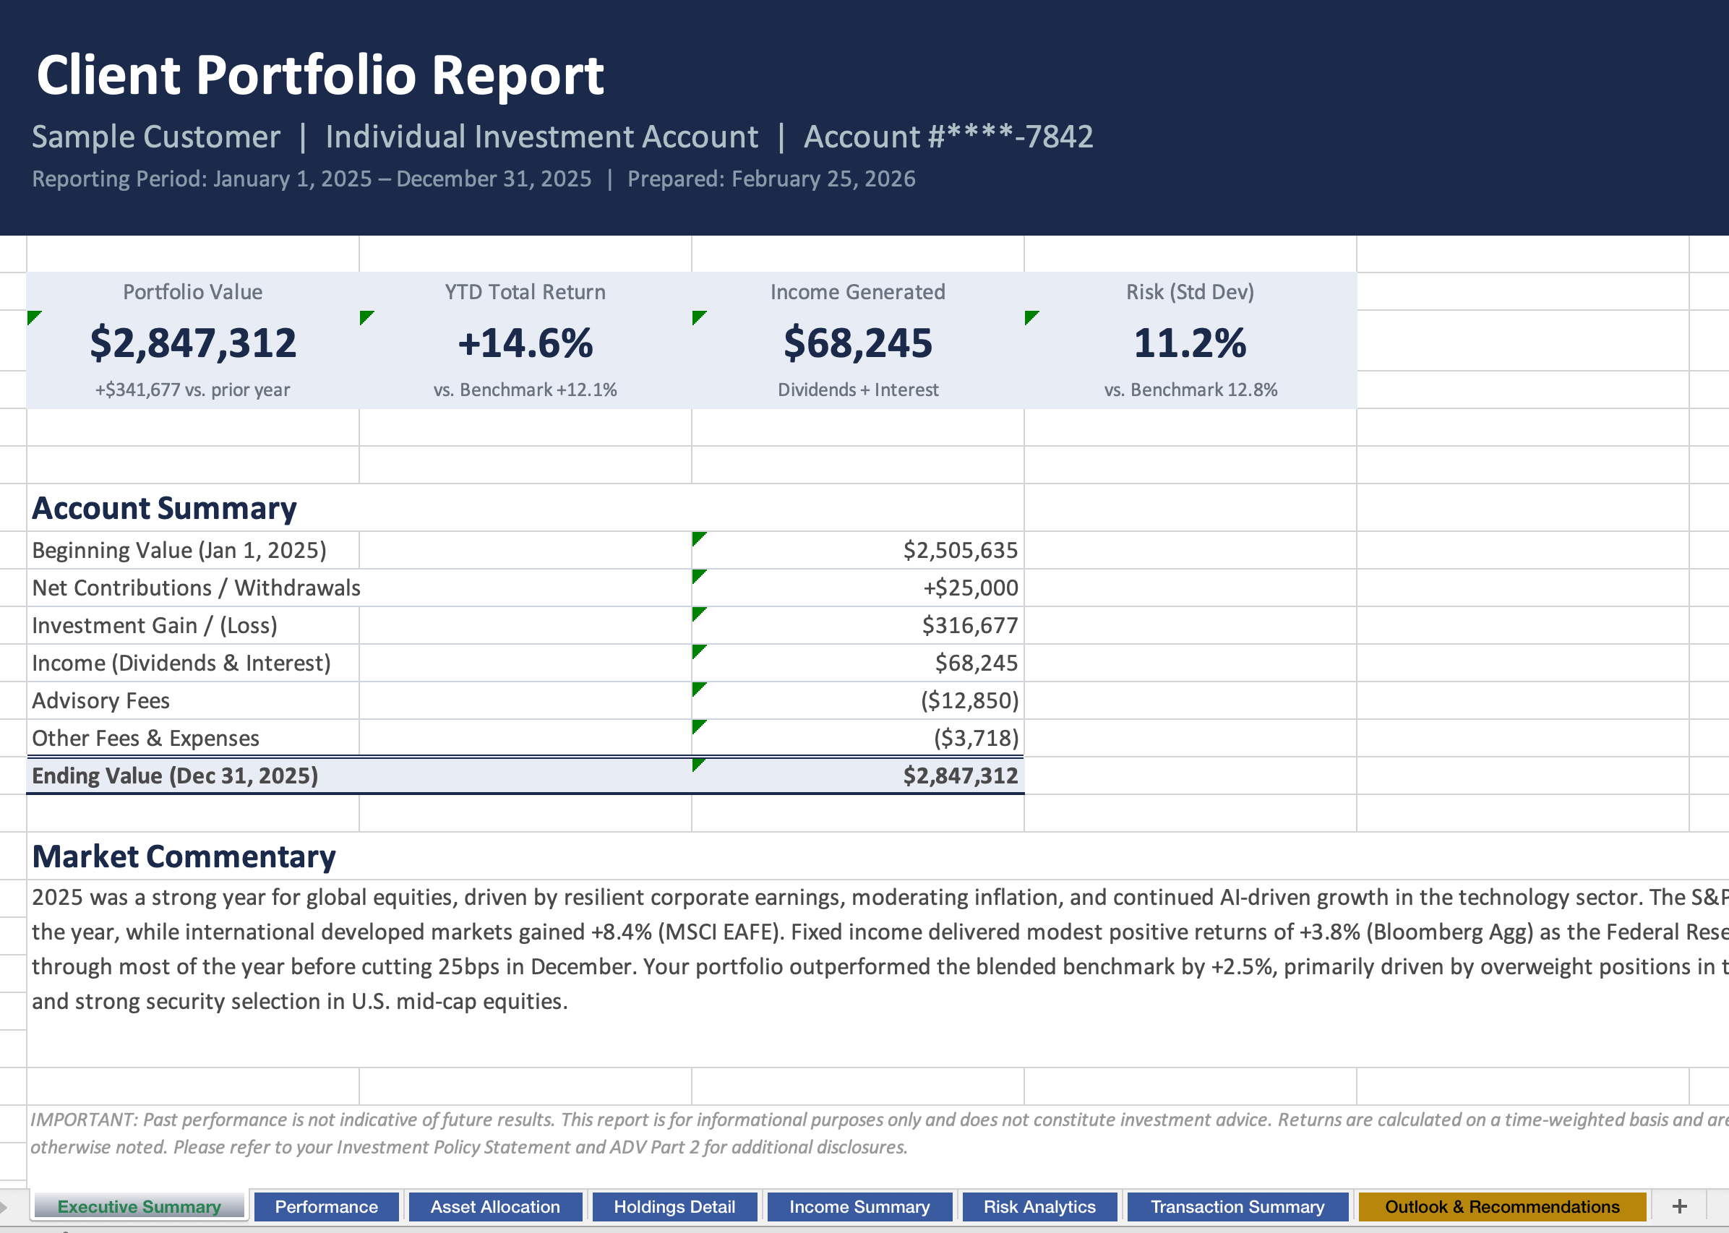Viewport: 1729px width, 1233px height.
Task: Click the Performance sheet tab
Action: point(326,1206)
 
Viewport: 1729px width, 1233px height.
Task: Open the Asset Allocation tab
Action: point(494,1206)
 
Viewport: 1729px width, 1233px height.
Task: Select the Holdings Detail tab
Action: point(674,1206)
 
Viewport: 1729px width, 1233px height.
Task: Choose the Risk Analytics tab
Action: point(1039,1206)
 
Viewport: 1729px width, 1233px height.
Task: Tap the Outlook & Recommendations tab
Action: point(1501,1206)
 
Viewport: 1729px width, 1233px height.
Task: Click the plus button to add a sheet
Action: point(1679,1206)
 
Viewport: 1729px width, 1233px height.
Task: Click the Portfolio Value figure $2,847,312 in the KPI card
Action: point(193,343)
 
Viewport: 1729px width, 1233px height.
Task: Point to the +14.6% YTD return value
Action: point(525,343)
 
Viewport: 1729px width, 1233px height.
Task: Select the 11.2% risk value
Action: point(1189,343)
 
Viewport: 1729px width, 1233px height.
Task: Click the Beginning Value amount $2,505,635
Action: point(960,551)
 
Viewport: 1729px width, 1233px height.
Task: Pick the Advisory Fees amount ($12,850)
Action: point(969,701)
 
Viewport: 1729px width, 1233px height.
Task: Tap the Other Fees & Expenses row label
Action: point(146,738)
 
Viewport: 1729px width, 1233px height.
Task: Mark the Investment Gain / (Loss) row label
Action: point(155,626)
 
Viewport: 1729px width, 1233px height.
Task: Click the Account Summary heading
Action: point(164,508)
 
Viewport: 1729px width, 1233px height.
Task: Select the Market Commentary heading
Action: point(184,856)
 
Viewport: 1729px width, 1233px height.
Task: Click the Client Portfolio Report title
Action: point(319,75)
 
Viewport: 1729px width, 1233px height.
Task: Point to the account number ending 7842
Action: point(948,137)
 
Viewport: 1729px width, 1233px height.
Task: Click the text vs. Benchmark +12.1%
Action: point(525,390)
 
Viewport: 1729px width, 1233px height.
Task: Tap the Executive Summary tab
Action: point(139,1206)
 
